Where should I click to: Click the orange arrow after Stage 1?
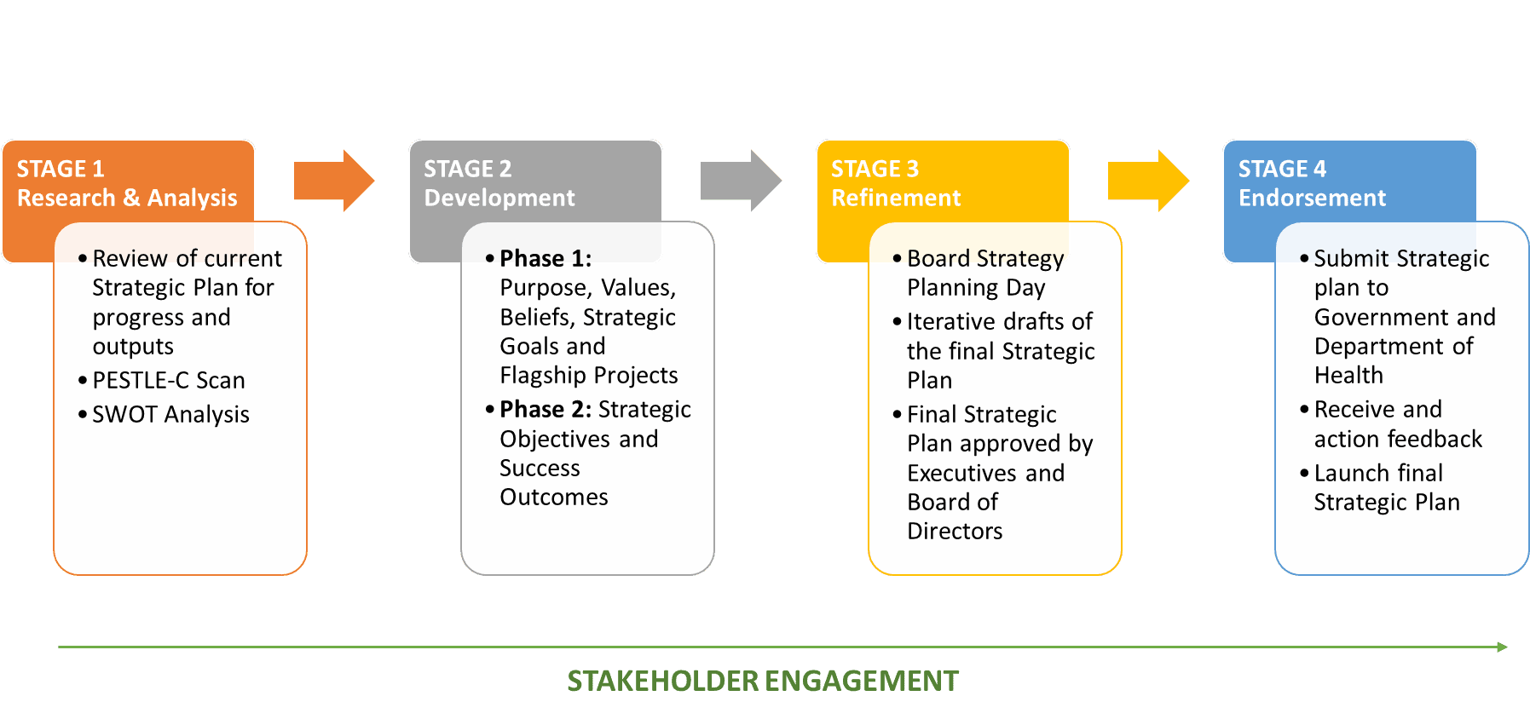click(x=334, y=181)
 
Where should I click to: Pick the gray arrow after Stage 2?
click(x=741, y=181)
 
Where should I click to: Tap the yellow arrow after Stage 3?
click(x=1148, y=181)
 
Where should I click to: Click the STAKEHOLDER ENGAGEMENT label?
click(x=763, y=681)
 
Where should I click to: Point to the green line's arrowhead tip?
click(x=1508, y=647)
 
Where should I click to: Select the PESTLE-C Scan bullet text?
click(x=169, y=380)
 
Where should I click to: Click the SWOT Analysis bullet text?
click(x=170, y=414)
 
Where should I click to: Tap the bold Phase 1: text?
click(x=546, y=258)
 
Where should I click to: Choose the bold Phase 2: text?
click(x=546, y=409)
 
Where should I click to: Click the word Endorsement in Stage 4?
click(x=1312, y=198)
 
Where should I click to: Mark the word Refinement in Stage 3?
click(x=896, y=198)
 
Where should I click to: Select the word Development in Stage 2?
click(x=499, y=198)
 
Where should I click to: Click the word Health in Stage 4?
click(x=1348, y=375)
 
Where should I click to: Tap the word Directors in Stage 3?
click(x=955, y=531)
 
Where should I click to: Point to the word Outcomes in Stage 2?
click(x=554, y=497)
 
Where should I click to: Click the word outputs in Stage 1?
click(x=133, y=347)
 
